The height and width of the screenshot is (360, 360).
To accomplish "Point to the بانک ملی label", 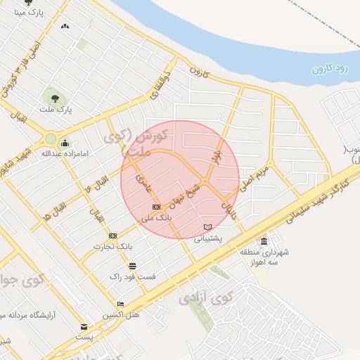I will [156, 218].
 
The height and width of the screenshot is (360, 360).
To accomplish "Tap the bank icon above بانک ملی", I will [156, 207].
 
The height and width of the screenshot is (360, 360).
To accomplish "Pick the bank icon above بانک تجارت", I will [113, 236].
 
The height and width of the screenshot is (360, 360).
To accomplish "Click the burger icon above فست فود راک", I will [132, 265].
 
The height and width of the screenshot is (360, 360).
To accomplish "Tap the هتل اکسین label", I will [121, 314].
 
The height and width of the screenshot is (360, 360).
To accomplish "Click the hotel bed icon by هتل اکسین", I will [121, 304].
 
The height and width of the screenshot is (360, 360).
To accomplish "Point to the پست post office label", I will [84, 337].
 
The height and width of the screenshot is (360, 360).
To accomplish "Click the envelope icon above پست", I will [84, 327].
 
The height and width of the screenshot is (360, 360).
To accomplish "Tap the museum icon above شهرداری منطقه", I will [264, 241].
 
